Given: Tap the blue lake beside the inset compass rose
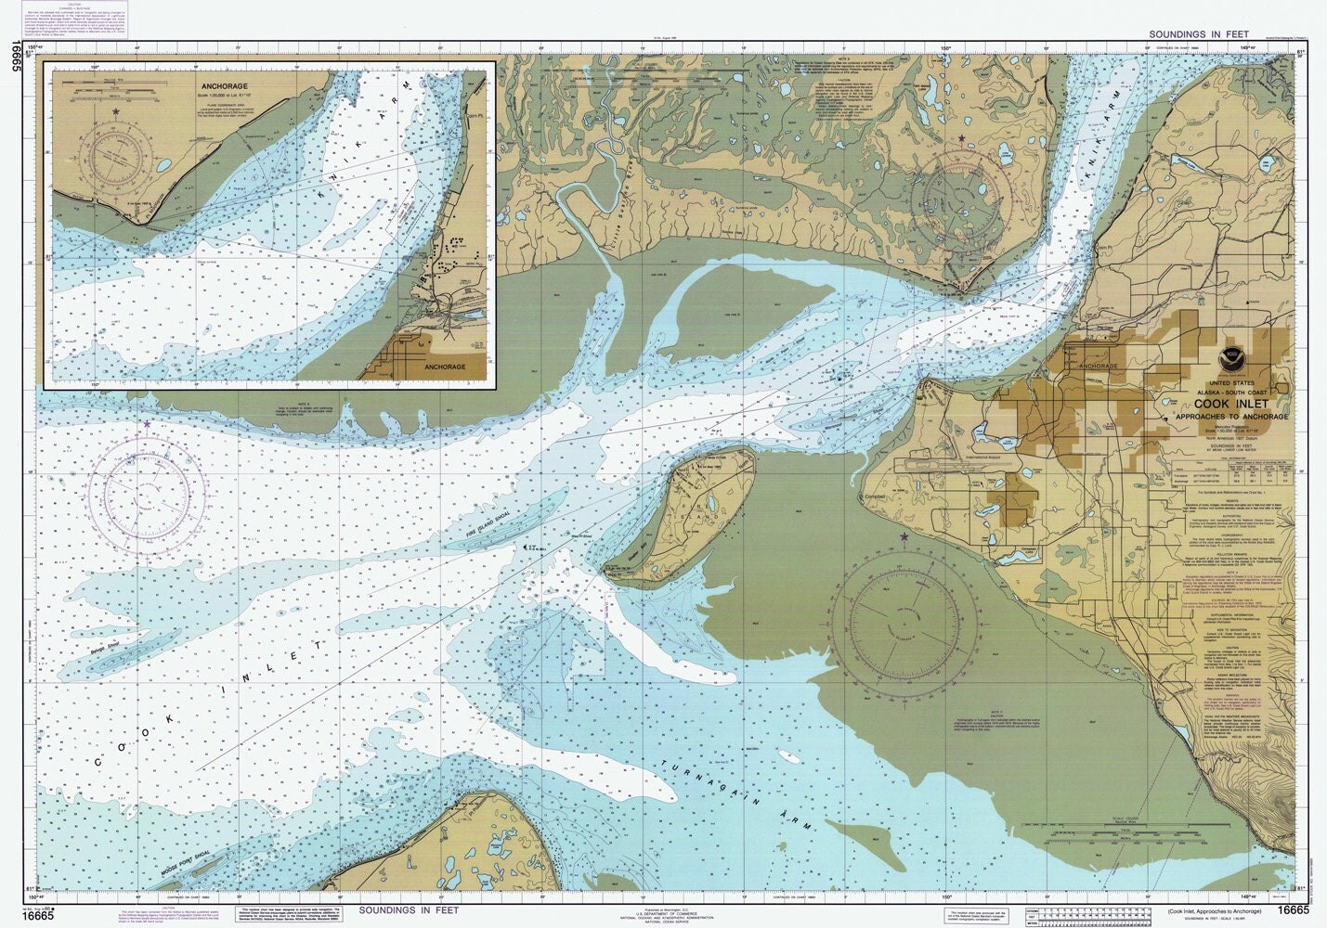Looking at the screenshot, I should (164, 168).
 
